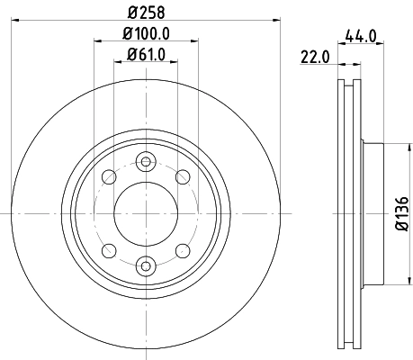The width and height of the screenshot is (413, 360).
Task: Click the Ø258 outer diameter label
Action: coord(144,13)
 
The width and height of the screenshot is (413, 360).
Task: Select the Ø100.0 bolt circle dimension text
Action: coord(144,34)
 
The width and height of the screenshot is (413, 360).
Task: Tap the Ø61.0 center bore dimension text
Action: coord(144,56)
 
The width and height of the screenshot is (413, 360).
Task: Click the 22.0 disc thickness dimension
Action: coord(313,58)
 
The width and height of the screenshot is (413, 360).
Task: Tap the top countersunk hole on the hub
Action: coord(144,162)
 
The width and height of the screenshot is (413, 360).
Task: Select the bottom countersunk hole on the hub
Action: coord(144,265)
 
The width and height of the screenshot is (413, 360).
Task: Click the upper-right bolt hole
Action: coord(182,176)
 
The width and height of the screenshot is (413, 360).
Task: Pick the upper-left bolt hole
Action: coord(107,176)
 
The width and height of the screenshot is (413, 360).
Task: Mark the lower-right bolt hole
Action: coord(182,250)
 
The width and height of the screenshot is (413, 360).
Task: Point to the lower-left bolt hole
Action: coord(107,250)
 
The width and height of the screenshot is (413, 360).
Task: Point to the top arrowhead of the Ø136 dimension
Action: coord(390,144)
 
